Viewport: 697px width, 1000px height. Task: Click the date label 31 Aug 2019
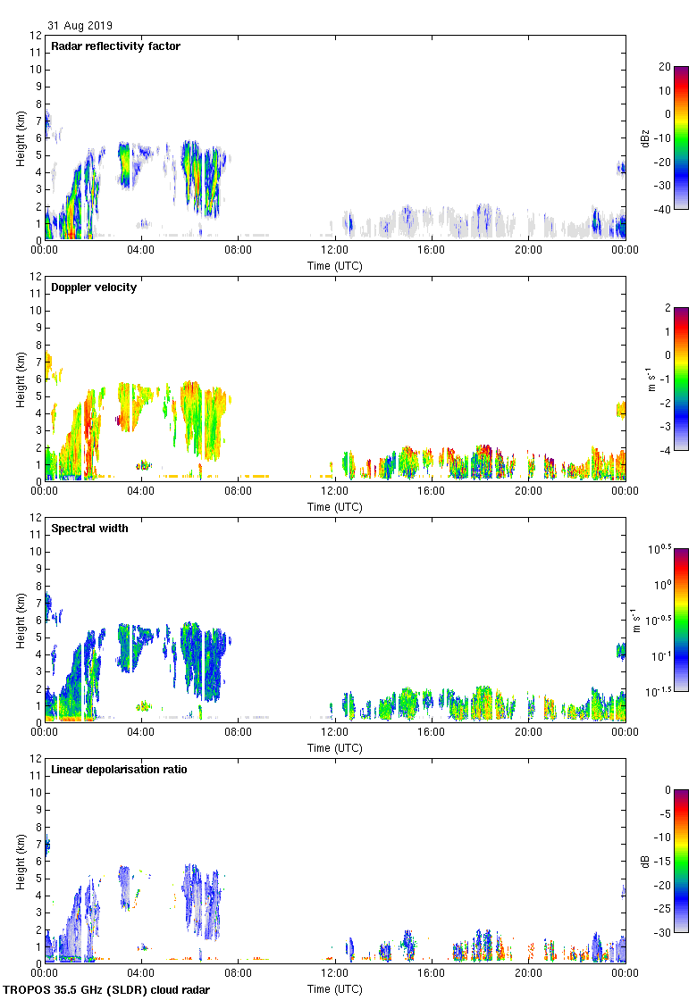[80, 26]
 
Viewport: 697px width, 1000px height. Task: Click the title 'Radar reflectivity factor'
[115, 46]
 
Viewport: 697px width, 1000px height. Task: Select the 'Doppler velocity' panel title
[94, 287]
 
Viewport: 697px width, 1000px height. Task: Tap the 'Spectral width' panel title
[89, 529]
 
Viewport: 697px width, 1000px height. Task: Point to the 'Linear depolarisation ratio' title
[119, 770]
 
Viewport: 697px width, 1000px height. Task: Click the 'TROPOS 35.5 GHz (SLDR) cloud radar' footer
[107, 990]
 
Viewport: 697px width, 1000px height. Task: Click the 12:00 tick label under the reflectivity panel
[334, 251]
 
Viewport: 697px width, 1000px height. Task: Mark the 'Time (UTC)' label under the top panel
[335, 266]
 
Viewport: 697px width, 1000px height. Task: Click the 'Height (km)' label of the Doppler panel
[21, 379]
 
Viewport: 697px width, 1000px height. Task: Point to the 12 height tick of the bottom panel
[36, 758]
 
